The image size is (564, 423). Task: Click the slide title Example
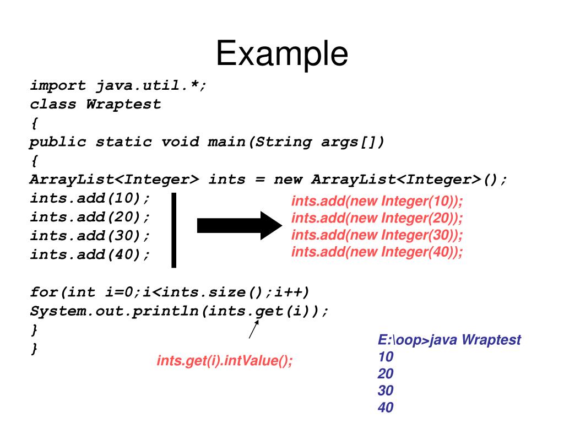pos(281,54)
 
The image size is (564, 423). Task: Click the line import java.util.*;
pos(118,86)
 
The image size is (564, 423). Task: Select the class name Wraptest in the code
pos(123,105)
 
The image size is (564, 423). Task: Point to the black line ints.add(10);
pos(90,198)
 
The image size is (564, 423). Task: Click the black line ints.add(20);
pos(90,217)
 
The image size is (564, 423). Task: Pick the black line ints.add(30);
pos(90,236)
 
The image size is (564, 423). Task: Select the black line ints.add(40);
pos(90,254)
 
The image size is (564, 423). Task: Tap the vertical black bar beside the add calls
pos(174,230)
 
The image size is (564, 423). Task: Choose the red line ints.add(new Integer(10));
pos(377,201)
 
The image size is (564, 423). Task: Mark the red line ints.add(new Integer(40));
pos(377,252)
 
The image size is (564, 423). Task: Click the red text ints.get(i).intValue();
pos(225,361)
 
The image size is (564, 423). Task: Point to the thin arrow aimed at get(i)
pos(254,329)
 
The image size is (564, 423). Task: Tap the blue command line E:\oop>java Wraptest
pos(449,340)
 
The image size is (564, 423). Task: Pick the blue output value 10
pos(386,357)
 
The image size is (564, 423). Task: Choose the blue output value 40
pos(386,408)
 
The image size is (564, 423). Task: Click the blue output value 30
pos(386,391)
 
